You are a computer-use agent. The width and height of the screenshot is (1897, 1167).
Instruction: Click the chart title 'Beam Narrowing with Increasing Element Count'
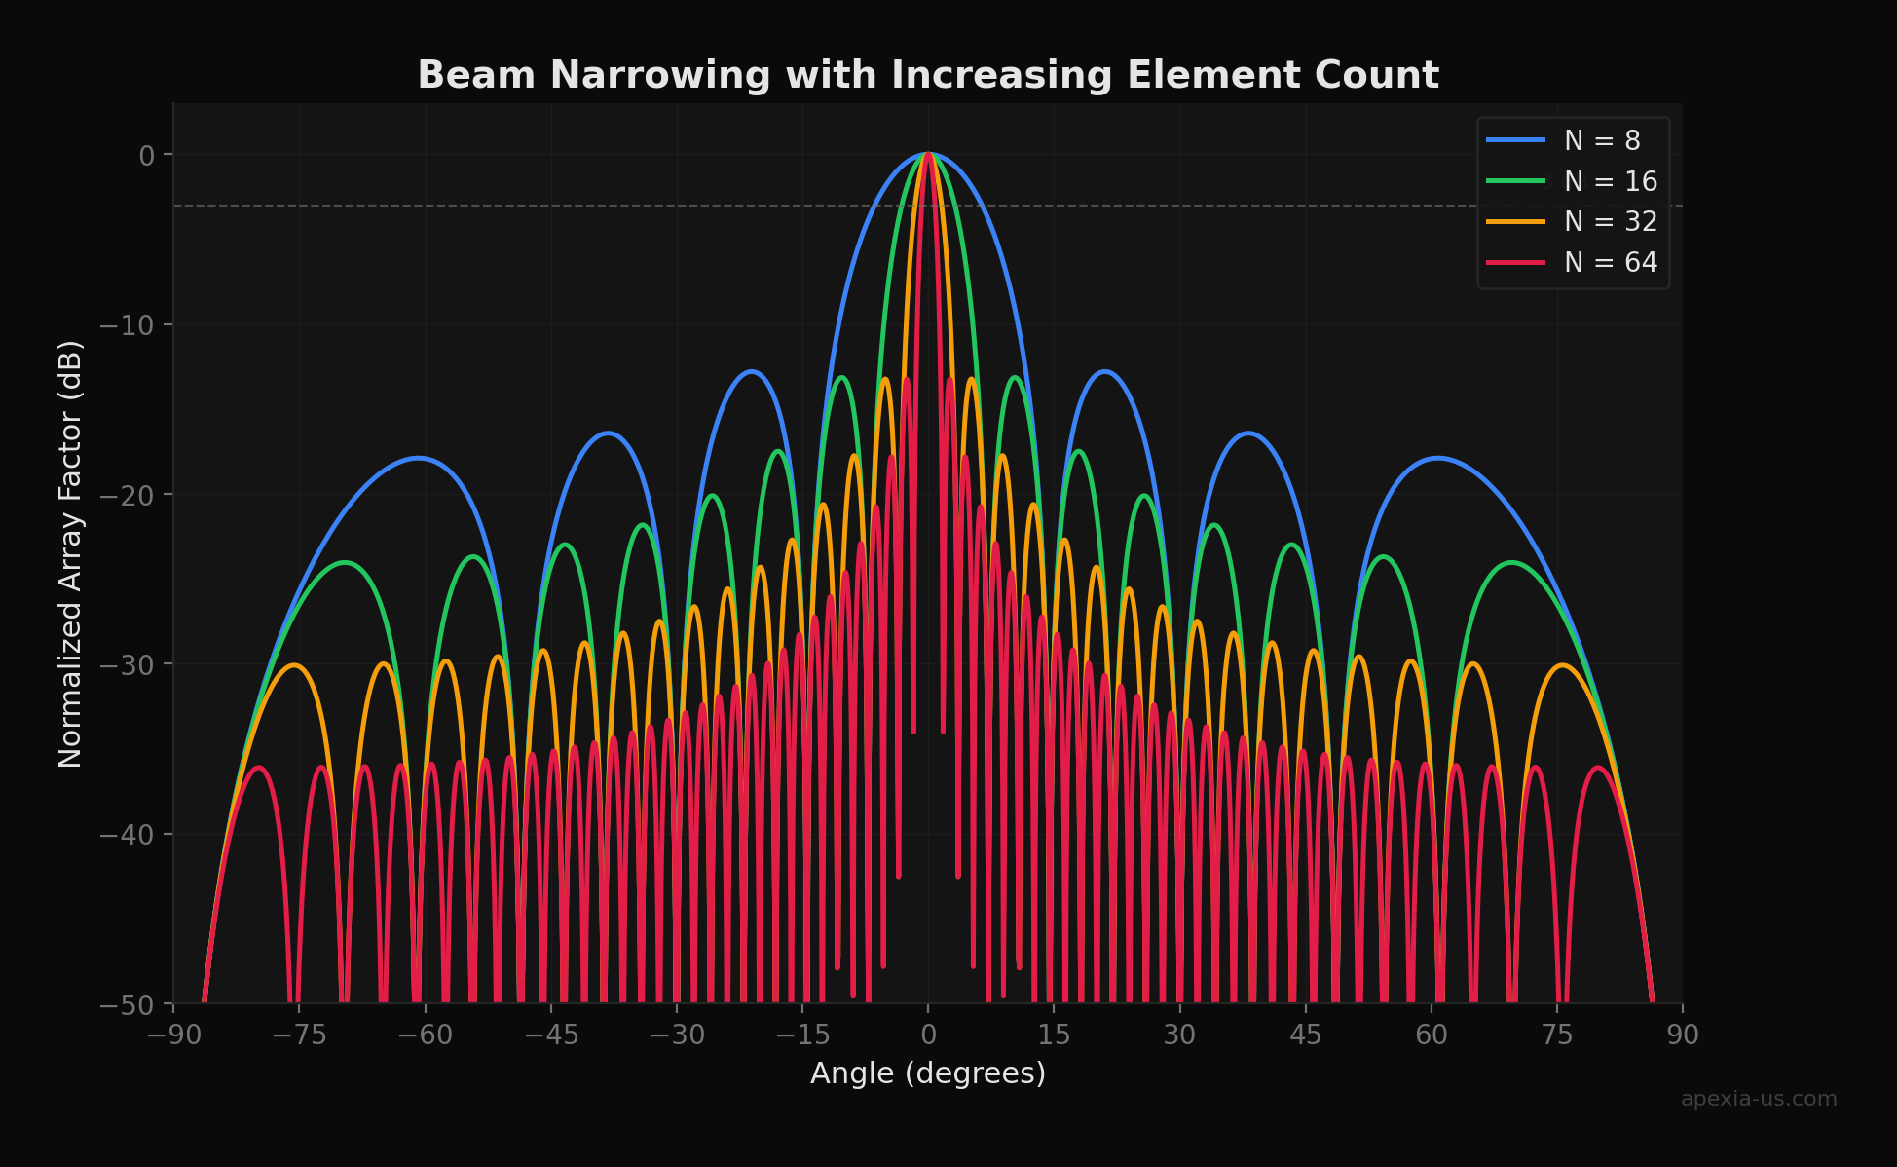tap(928, 75)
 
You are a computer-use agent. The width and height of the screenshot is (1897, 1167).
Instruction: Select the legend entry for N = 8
tap(1602, 140)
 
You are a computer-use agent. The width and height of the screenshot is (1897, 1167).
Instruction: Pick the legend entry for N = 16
tap(1610, 181)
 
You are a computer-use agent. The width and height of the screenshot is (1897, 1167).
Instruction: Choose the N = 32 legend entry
tap(1610, 222)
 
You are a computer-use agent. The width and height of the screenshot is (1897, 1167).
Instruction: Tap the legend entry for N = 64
tap(1610, 263)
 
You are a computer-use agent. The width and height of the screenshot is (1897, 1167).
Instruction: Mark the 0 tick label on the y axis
tap(146, 155)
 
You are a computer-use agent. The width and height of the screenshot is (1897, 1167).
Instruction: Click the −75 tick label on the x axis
tap(299, 1035)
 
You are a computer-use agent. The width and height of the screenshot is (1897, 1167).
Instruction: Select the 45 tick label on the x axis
tap(1306, 1035)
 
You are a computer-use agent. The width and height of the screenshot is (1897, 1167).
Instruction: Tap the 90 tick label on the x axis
tap(1683, 1035)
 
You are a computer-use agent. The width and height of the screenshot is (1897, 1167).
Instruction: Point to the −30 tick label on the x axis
tap(677, 1035)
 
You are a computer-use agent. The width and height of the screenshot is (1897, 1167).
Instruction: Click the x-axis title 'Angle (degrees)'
tap(928, 1073)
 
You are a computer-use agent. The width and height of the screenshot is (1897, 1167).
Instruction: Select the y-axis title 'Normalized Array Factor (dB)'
tap(70, 553)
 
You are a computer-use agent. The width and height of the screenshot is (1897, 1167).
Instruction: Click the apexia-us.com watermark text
tap(1759, 1099)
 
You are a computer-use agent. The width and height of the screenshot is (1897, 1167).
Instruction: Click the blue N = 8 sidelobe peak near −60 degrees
tap(419, 458)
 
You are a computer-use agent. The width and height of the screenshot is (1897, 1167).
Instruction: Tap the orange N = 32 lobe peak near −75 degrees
tap(294, 665)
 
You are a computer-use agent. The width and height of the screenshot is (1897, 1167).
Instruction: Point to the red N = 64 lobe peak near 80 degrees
tap(1598, 768)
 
